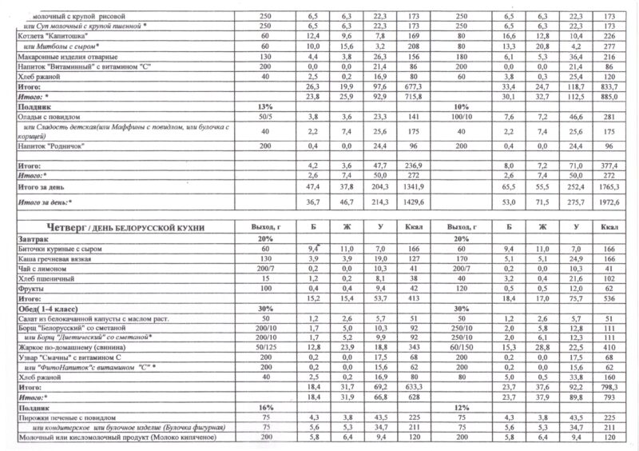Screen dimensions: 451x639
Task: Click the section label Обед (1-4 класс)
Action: coord(52,307)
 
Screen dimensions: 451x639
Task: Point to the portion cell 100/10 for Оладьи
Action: coord(458,117)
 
